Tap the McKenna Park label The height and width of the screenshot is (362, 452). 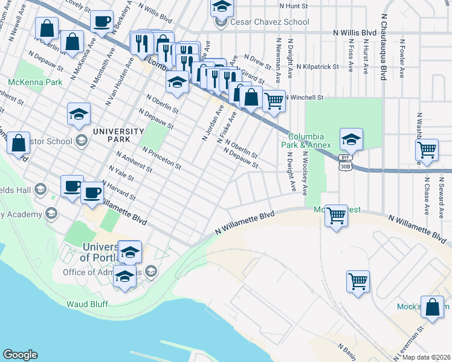pos(35,81)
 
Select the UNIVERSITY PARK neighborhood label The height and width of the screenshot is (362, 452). pos(118,135)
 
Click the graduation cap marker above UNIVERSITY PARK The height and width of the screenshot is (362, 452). pos(79,114)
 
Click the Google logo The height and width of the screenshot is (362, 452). pos(20,355)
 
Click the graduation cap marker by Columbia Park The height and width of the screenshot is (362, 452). pos(350,139)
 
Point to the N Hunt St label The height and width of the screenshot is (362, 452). pos(294,5)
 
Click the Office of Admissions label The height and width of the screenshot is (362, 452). pos(103,272)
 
